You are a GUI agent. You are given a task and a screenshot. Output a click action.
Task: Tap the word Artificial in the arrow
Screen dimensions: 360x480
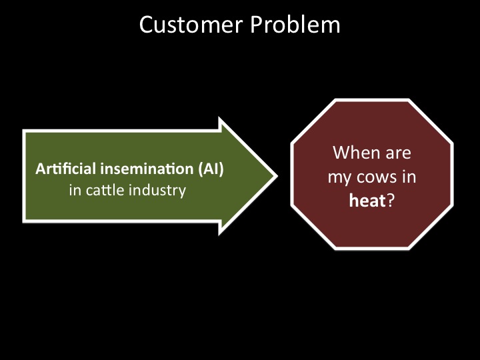56,169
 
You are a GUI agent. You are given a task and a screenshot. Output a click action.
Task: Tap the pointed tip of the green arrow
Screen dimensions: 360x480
275,176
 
